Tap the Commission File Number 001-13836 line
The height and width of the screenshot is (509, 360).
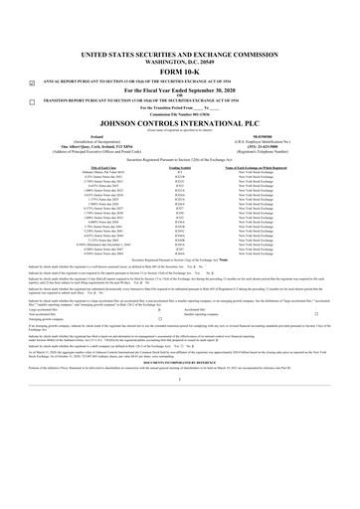tap(179, 113)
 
